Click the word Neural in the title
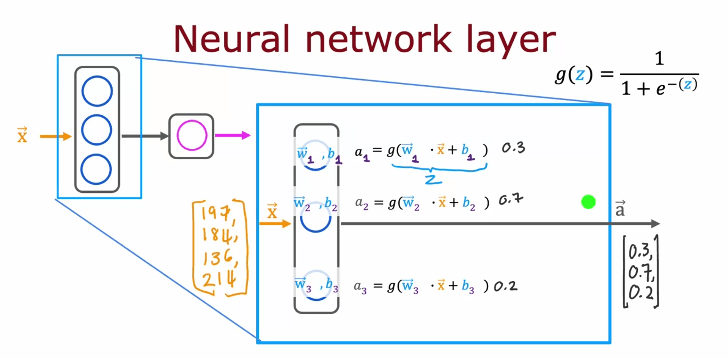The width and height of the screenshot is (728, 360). (x=231, y=39)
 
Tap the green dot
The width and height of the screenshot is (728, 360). (x=588, y=202)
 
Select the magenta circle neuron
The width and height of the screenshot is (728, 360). (x=192, y=135)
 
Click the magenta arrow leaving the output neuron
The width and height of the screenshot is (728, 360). (x=233, y=135)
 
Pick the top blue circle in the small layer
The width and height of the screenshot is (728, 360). (x=97, y=91)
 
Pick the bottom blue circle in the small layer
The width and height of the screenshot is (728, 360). (x=96, y=169)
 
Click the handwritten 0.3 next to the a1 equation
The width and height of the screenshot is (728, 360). (x=513, y=148)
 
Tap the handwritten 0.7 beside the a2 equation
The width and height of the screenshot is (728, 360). (x=511, y=200)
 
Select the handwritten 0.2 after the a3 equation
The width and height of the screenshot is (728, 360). (x=505, y=286)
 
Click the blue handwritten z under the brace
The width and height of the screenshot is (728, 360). (x=433, y=179)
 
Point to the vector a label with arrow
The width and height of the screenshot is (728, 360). (x=620, y=209)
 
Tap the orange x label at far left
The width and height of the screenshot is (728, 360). (x=22, y=135)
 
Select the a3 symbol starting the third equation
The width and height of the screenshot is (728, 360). (x=360, y=287)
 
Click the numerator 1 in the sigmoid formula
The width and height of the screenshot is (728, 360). (x=659, y=59)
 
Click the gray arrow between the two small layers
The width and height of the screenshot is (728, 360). (x=145, y=136)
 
